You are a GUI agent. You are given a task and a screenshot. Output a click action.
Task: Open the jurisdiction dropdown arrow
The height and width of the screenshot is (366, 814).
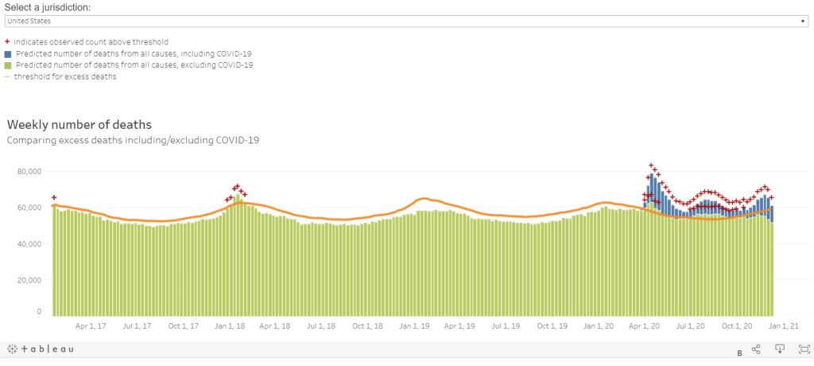[x=804, y=21]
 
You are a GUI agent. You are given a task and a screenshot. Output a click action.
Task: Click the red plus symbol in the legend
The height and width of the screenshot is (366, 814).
[x=8, y=41]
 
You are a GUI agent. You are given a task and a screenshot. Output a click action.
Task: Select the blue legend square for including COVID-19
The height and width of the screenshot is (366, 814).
[x=8, y=53]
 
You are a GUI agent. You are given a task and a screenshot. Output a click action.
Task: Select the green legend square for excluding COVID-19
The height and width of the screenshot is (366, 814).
[x=8, y=65]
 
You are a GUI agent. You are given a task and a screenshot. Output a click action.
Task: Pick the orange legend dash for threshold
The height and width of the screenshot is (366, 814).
[x=8, y=76]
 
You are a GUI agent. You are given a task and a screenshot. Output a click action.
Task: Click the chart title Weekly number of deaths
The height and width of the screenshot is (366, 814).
[x=79, y=125]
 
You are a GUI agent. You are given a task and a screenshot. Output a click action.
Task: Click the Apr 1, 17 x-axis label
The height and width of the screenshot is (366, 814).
[x=92, y=325]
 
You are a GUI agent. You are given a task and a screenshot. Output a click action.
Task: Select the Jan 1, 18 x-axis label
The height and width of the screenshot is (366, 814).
[x=229, y=325]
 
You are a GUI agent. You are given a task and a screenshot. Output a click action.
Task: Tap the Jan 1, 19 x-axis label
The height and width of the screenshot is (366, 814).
[x=414, y=325]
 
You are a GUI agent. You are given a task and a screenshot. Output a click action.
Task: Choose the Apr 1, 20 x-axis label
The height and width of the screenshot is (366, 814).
[x=645, y=325]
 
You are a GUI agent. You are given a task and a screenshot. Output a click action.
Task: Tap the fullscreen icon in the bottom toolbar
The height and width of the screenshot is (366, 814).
[x=804, y=349]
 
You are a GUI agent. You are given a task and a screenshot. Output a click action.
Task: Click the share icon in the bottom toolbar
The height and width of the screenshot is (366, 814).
[x=756, y=349]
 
